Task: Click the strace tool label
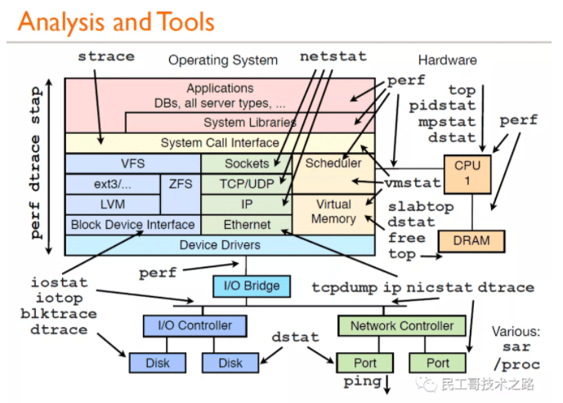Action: click(106, 56)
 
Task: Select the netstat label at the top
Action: click(333, 56)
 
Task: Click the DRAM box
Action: click(471, 241)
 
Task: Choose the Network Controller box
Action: click(401, 325)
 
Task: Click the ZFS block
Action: click(180, 184)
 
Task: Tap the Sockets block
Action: click(247, 163)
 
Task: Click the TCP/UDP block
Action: click(247, 184)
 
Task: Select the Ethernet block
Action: click(247, 224)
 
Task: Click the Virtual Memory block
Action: click(333, 212)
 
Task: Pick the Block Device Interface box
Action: click(132, 224)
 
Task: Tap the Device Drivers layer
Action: click(219, 244)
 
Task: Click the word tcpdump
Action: click(342, 287)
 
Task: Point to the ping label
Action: click(362, 382)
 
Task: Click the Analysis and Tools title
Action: click(116, 22)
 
